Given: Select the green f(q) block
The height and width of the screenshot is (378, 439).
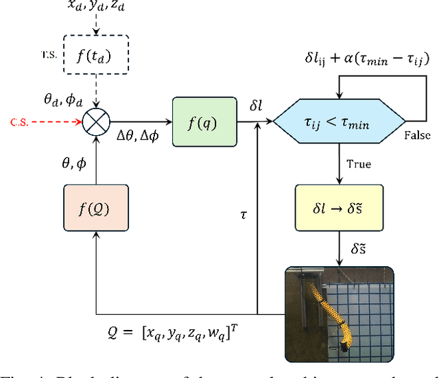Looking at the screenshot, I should pos(204,123).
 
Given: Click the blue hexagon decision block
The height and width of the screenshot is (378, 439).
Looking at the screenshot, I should pos(337,123).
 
